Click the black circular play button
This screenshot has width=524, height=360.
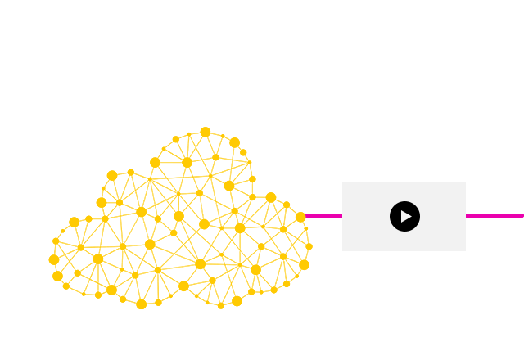pyautogui.click(x=404, y=216)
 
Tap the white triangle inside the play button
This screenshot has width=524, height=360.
pyautogui.click(x=405, y=216)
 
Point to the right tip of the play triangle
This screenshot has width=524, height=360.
pyautogui.click(x=412, y=216)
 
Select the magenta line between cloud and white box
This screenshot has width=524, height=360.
pyautogui.click(x=324, y=215)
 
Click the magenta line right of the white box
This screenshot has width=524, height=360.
pyautogui.click(x=495, y=215)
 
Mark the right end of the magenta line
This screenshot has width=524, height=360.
pyautogui.click(x=522, y=215)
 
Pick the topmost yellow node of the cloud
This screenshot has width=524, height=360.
pyautogui.click(x=206, y=132)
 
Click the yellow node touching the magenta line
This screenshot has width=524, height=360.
pyautogui.click(x=300, y=217)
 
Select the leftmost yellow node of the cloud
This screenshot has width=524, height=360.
pyautogui.click(x=54, y=259)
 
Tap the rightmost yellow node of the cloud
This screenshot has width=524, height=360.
pyautogui.click(x=309, y=246)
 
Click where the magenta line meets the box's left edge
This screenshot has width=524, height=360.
pyautogui.click(x=342, y=215)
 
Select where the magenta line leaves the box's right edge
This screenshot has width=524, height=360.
pyautogui.click(x=465, y=215)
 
